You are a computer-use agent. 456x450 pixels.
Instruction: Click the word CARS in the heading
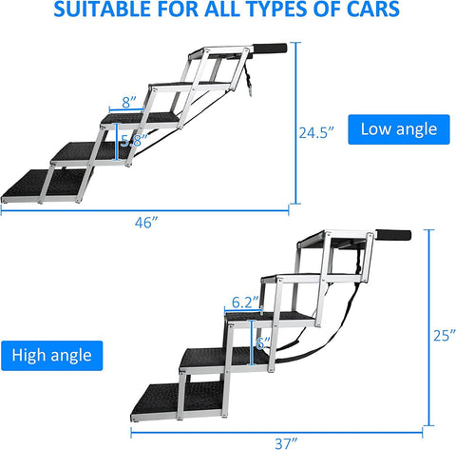(x=373, y=9)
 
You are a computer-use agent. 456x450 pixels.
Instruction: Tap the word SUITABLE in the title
(x=103, y=9)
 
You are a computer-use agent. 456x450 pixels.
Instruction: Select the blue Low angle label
(x=399, y=129)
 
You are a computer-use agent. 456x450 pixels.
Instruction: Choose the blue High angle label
(x=52, y=356)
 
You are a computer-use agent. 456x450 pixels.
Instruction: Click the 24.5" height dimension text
(x=316, y=132)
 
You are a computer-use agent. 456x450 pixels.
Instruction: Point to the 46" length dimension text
(x=146, y=223)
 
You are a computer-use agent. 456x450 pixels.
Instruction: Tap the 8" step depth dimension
(x=129, y=102)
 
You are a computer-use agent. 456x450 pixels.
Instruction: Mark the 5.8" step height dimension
(x=134, y=141)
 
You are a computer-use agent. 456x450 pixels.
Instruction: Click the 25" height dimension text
(x=445, y=336)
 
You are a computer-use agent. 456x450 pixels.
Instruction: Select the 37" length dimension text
(x=286, y=443)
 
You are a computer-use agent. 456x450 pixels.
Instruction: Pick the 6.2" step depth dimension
(x=245, y=303)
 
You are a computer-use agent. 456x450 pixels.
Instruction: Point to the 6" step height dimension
(x=263, y=343)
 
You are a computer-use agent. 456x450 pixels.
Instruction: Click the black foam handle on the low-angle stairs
(x=270, y=49)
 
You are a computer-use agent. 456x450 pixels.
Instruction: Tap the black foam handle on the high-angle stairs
(x=393, y=236)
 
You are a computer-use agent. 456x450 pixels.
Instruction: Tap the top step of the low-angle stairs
(x=221, y=53)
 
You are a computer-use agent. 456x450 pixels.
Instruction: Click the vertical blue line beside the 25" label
(x=429, y=327)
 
